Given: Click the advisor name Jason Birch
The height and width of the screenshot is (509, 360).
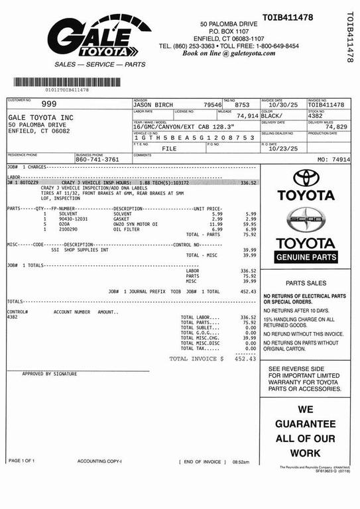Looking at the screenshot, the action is coord(153,105).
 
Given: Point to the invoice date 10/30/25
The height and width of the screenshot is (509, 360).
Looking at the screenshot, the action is coord(277,105).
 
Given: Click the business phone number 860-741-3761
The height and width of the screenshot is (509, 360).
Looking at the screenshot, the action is coord(97,160).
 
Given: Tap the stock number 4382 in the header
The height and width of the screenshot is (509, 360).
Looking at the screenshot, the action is coord(316,116).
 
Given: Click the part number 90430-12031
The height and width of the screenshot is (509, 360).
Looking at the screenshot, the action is coord(73,219).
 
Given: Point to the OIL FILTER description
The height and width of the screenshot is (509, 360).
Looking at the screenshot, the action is coord(126,229).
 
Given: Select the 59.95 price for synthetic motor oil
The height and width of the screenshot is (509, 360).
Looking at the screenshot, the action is coord(249,224).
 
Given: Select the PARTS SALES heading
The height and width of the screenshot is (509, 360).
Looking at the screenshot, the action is coord(305,282).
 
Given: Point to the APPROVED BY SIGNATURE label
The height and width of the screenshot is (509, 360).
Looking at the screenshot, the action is coord(50,374).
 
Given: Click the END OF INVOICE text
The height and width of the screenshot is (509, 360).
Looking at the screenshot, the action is coord(202,461).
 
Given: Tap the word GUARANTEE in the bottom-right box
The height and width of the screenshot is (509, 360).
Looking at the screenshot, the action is coord(306,424).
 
